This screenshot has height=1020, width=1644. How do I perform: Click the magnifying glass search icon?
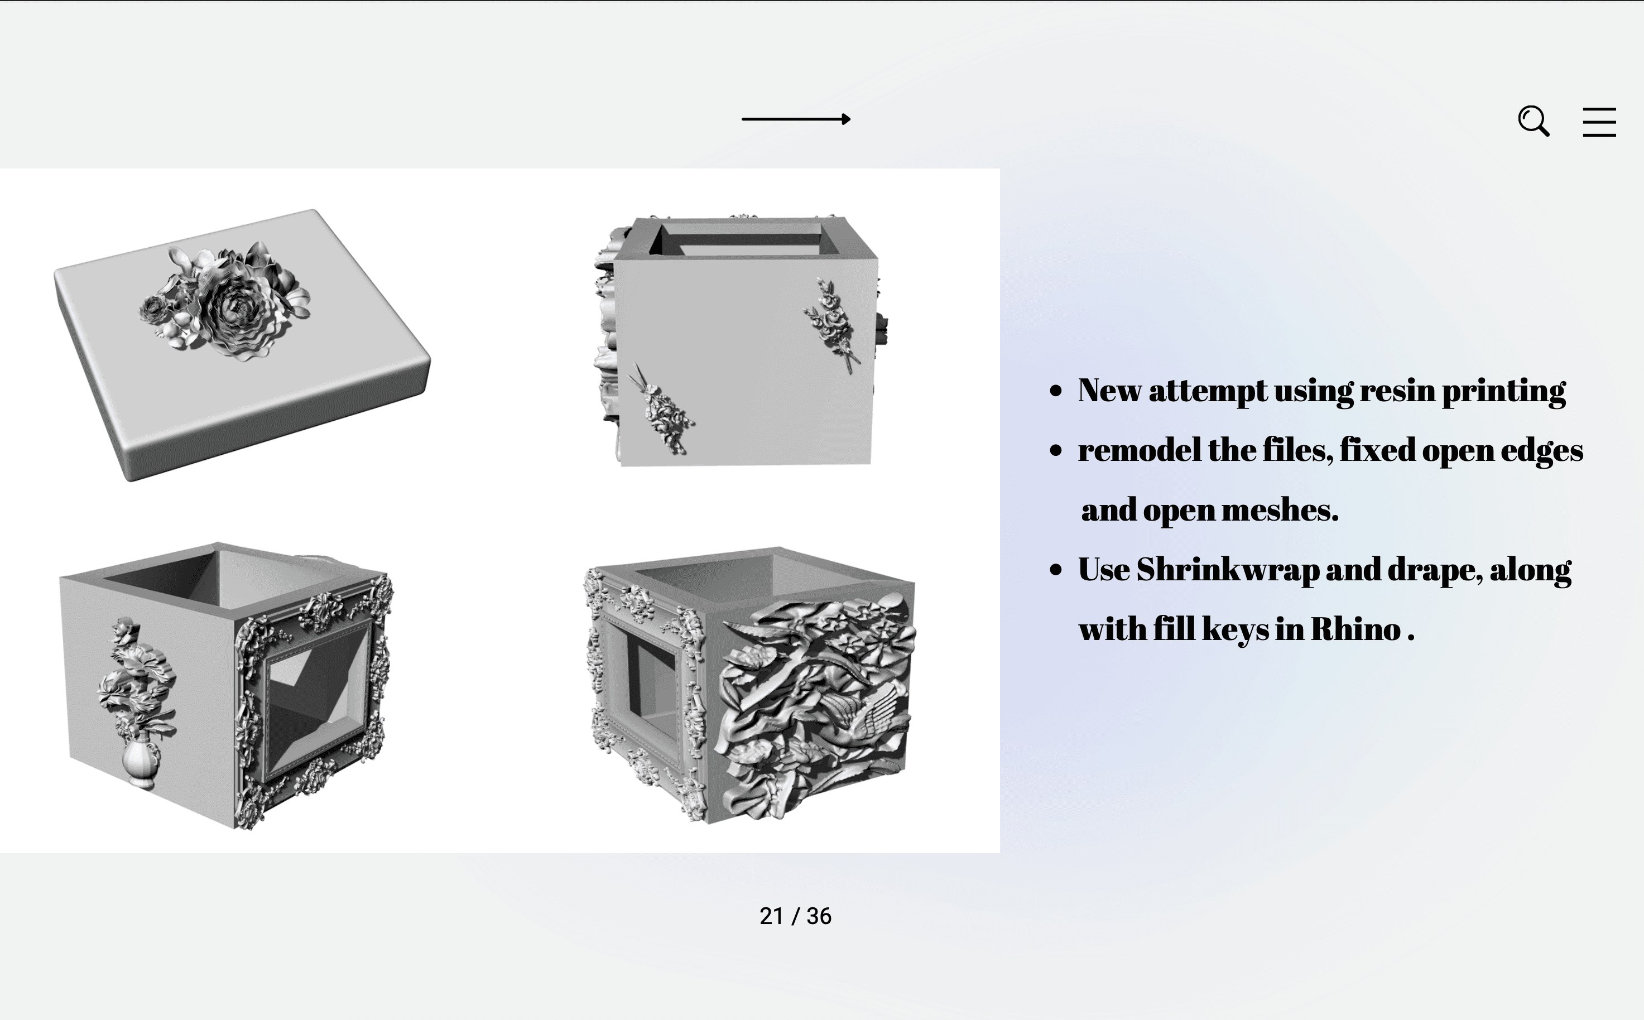coord(1534,122)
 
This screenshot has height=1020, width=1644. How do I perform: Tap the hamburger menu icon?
coord(1599,122)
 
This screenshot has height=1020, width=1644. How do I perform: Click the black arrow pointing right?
coord(796,119)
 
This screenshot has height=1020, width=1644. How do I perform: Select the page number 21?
coord(771,916)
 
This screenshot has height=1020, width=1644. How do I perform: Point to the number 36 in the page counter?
coord(819,916)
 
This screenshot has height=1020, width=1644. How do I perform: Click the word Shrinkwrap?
coord(1228,570)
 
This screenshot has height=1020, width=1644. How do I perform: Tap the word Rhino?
coord(1356,629)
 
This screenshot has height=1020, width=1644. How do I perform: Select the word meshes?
coord(1280,510)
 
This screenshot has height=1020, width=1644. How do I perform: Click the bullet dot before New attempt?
coord(1056,391)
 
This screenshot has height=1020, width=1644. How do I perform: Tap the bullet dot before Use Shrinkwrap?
coord(1056,571)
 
